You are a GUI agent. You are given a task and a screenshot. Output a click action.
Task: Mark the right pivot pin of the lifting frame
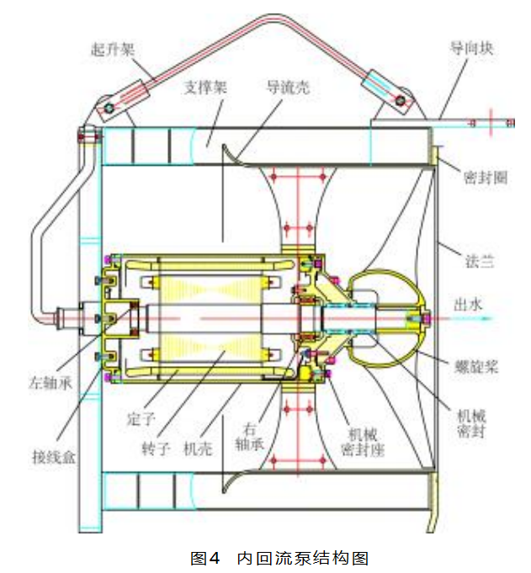[x=401, y=103]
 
